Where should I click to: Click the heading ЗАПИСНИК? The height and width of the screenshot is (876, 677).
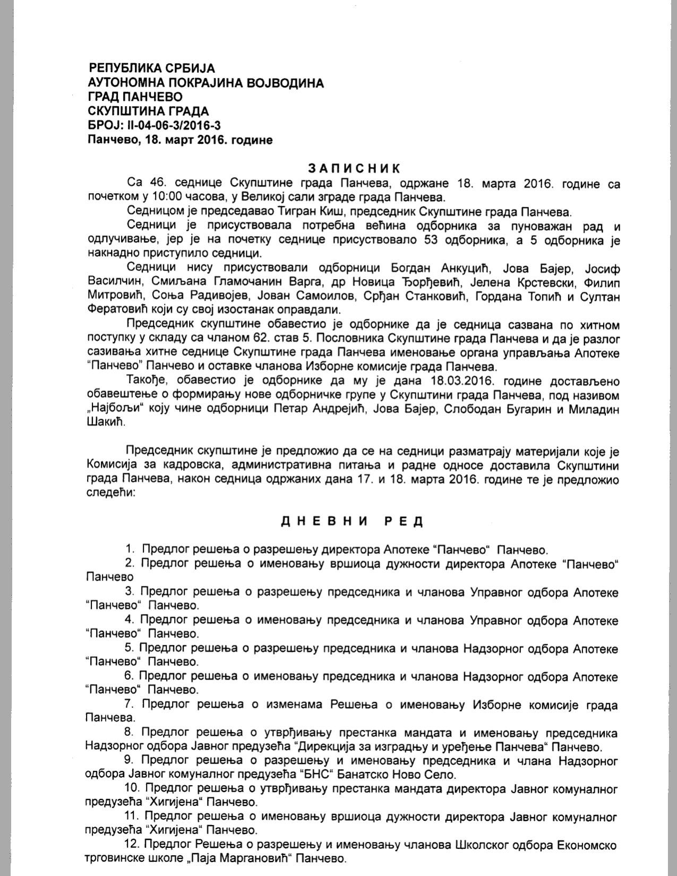[354, 169]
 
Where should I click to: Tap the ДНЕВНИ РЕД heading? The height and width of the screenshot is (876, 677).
[352, 521]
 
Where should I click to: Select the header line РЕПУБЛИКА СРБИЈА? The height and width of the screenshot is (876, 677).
[152, 68]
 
